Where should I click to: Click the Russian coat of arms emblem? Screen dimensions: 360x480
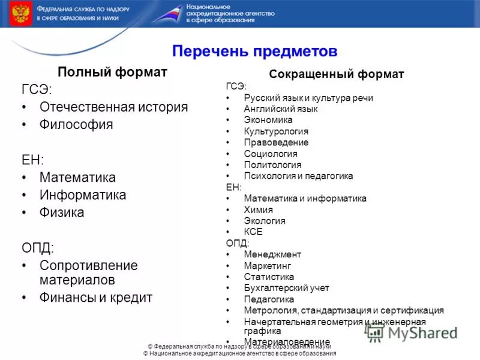tap(20, 13)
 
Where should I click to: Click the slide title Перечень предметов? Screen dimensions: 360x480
tap(254, 51)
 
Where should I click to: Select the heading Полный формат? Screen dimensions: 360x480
tap(112, 72)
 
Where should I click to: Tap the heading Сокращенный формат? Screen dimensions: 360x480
tap(337, 74)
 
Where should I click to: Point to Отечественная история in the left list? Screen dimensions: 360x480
tap(113, 107)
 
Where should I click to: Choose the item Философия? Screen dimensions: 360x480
tap(76, 125)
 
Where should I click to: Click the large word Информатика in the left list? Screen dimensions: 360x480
tap(83, 195)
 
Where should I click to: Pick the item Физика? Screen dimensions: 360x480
tap(62, 212)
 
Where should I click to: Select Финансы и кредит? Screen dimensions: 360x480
tap(96, 297)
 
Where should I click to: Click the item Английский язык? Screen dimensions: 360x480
tap(280, 109)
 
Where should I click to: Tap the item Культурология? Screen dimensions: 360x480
tap(276, 131)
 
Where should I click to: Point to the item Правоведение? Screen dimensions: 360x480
tap(276, 143)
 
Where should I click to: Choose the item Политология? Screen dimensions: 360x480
tap(272, 165)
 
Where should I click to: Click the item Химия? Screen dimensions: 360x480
tap(258, 209)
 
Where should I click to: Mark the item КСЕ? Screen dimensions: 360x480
tap(253, 232)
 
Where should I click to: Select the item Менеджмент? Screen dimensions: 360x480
tap(272, 254)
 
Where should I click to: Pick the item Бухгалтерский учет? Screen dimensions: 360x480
tap(286, 288)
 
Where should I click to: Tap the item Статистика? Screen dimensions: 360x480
tap(269, 277)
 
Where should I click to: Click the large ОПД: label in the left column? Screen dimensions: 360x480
tap(38, 248)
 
